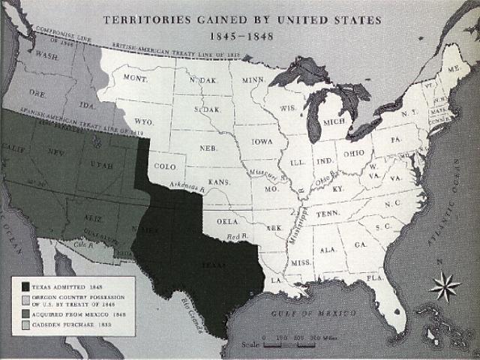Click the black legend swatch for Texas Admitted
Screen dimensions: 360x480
pyautogui.click(x=25, y=286)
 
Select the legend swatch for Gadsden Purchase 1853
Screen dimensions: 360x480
pyautogui.click(x=25, y=325)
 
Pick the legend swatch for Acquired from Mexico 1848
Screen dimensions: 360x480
pyautogui.click(x=25, y=313)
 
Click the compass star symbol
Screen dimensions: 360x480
pyautogui.click(x=445, y=286)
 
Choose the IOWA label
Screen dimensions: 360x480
pyautogui.click(x=262, y=141)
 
